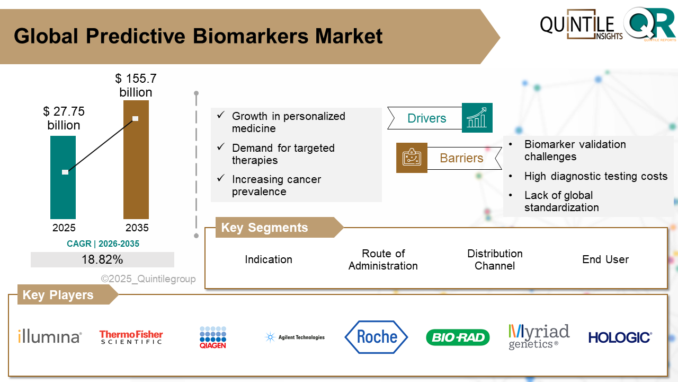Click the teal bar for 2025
(63, 191)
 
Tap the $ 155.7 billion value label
(136, 85)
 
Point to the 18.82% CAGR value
(102, 259)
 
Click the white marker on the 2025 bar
(65, 172)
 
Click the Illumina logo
(50, 336)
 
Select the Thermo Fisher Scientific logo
(131, 337)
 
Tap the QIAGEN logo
(213, 337)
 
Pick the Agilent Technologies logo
(295, 337)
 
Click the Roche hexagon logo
(376, 337)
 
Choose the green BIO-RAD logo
(458, 337)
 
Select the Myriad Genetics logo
(539, 337)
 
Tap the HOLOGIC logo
(620, 337)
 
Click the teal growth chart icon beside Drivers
(477, 118)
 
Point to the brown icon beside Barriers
(412, 158)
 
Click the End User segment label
(605, 259)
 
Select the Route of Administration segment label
(383, 259)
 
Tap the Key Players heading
(58, 295)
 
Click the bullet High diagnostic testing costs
(596, 176)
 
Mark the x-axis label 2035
(137, 228)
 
